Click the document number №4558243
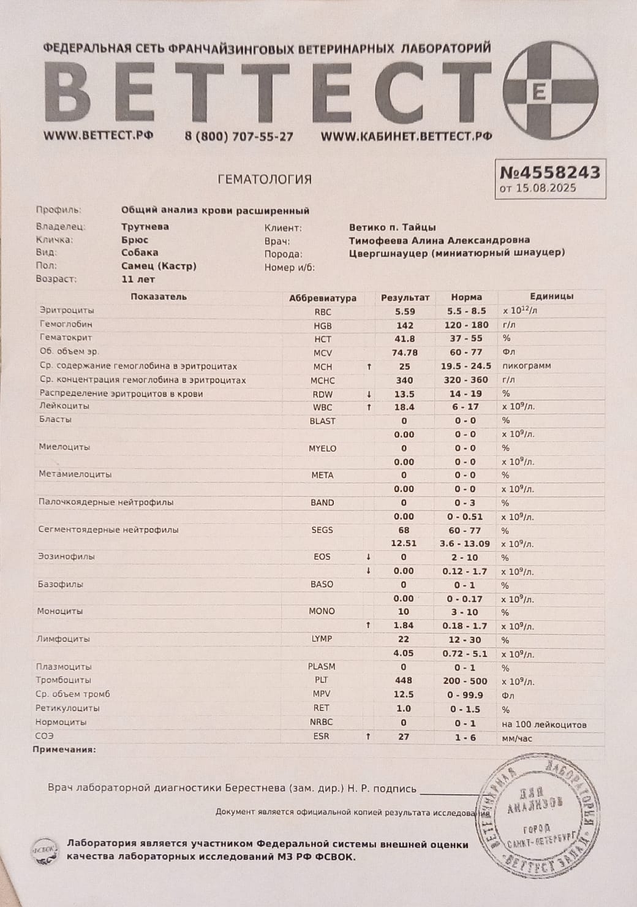(x=549, y=172)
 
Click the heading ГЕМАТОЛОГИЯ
(x=265, y=180)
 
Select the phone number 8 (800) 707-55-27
(x=239, y=137)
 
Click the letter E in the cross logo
(x=539, y=92)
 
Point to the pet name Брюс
(x=135, y=240)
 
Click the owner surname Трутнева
(x=145, y=227)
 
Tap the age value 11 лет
(x=138, y=279)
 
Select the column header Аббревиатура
(x=322, y=298)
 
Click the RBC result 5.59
(x=405, y=312)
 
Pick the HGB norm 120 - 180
(x=466, y=325)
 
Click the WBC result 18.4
(x=404, y=407)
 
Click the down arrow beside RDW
(x=369, y=394)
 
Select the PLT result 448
(x=404, y=680)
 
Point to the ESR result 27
(x=404, y=737)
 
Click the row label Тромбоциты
(x=64, y=680)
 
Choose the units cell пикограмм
(x=526, y=366)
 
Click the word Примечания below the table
(x=64, y=750)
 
